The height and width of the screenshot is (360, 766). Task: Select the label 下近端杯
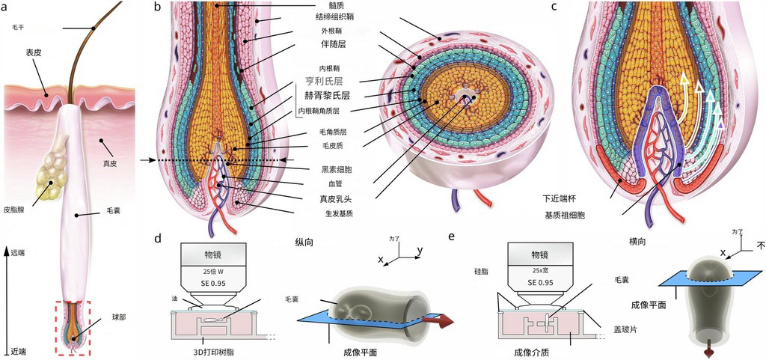click(x=561, y=199)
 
